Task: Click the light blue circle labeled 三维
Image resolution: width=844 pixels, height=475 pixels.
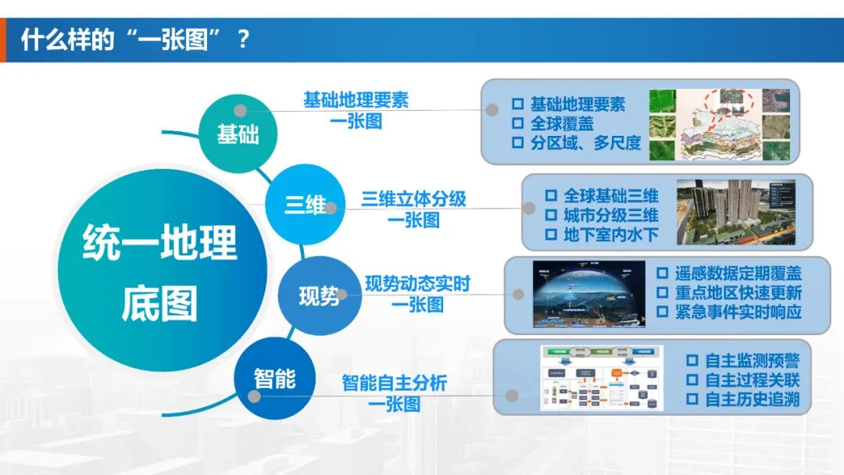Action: (x=305, y=205)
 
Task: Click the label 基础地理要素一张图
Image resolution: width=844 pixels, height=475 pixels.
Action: (x=356, y=111)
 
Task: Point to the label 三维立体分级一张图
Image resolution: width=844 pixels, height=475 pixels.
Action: (x=413, y=209)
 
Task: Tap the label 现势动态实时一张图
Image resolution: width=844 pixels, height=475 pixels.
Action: (x=417, y=294)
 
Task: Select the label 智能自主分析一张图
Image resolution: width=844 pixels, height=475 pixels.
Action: (x=394, y=393)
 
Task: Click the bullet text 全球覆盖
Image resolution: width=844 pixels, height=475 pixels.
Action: (x=562, y=123)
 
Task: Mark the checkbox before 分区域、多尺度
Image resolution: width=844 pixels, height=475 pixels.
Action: (x=517, y=143)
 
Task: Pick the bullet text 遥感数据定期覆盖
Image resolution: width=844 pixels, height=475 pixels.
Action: (x=738, y=273)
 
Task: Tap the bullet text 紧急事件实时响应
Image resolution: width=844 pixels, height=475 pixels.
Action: (x=738, y=312)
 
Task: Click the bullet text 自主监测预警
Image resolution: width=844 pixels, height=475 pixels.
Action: (x=753, y=361)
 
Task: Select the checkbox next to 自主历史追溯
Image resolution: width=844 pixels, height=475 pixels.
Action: (x=692, y=399)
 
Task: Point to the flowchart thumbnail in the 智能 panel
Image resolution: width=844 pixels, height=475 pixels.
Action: (x=601, y=378)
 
